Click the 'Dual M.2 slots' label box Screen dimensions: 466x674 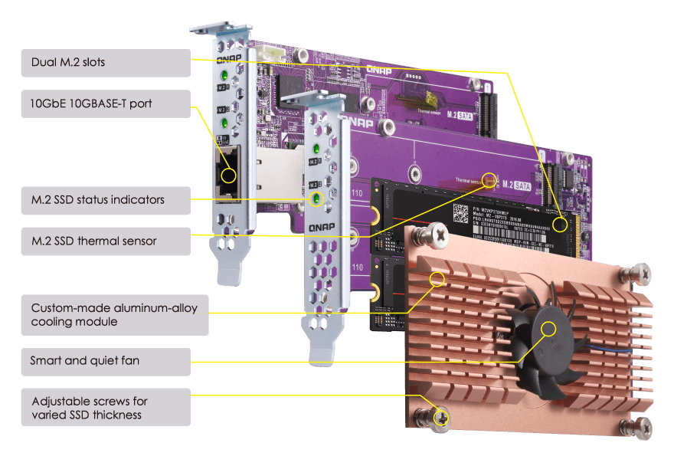click(106, 63)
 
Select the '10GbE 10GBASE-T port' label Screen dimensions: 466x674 click(106, 103)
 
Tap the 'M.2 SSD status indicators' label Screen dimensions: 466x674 click(106, 200)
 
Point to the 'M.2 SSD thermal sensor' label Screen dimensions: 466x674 click(106, 241)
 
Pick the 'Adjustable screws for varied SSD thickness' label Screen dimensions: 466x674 click(106, 407)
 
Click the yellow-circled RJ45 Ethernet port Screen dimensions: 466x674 click(228, 176)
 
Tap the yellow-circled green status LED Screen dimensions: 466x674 click(314, 199)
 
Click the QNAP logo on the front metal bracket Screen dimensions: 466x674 click(320, 227)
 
